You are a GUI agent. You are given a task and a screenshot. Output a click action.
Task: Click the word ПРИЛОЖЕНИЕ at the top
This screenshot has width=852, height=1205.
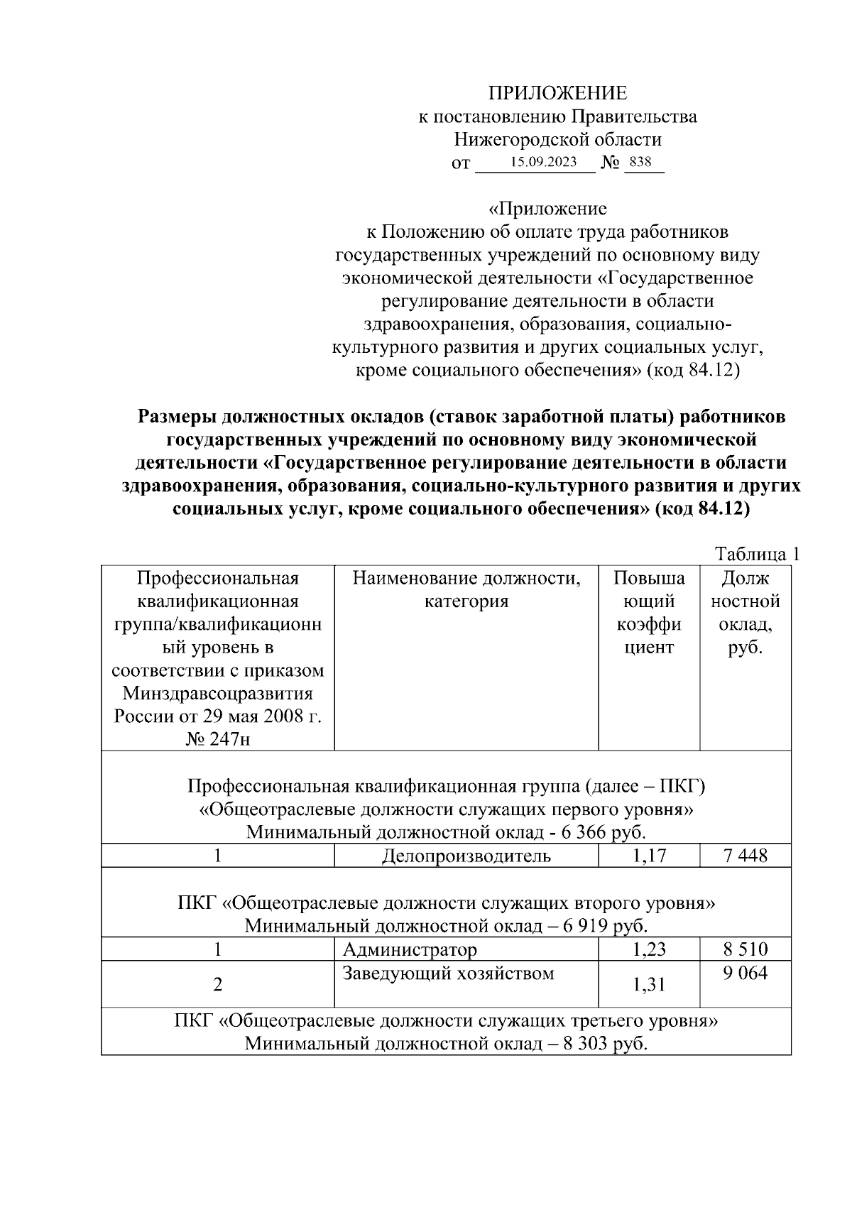(x=557, y=93)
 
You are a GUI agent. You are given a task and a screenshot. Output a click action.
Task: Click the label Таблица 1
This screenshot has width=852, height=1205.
(x=757, y=554)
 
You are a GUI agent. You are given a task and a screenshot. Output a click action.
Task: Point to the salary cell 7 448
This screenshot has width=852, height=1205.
(x=745, y=856)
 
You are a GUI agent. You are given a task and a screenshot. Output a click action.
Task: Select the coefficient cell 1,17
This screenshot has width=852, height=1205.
(x=649, y=856)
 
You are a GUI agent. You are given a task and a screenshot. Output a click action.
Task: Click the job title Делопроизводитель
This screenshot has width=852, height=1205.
(x=466, y=856)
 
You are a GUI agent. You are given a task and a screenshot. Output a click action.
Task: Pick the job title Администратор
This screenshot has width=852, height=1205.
(x=410, y=949)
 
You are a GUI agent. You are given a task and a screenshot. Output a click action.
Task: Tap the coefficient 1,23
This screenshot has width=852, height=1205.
(x=649, y=949)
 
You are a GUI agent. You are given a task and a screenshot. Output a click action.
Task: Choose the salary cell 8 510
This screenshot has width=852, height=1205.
(x=745, y=949)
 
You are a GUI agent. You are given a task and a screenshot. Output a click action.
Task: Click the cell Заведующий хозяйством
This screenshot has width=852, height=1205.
(x=448, y=973)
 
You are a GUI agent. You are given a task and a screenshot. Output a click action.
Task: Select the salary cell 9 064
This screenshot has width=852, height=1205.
(x=745, y=973)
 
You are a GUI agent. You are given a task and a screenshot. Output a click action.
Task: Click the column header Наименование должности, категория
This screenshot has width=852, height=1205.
(x=466, y=590)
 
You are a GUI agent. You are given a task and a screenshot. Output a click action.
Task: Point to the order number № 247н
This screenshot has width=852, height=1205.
(x=218, y=739)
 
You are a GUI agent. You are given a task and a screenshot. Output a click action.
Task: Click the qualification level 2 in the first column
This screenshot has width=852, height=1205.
(x=218, y=985)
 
